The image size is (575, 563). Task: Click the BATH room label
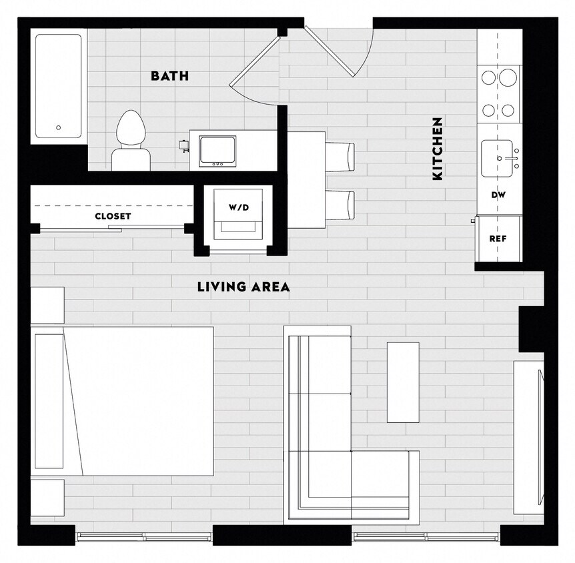pyautogui.click(x=169, y=76)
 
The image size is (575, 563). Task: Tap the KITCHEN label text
pyautogui.click(x=438, y=149)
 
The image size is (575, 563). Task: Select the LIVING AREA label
pyautogui.click(x=243, y=288)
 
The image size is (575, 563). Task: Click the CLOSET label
pyautogui.click(x=113, y=216)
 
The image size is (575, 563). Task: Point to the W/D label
pyautogui.click(x=238, y=207)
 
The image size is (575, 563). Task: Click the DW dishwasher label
pyautogui.click(x=498, y=195)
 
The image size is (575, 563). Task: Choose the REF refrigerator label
pyautogui.click(x=498, y=238)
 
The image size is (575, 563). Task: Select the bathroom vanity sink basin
pyautogui.click(x=217, y=150)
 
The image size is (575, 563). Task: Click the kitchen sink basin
pyautogui.click(x=498, y=159)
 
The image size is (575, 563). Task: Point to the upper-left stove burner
pyautogui.click(x=489, y=77)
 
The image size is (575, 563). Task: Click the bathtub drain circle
pyautogui.click(x=59, y=127)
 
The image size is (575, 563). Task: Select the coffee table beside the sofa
pyautogui.click(x=403, y=382)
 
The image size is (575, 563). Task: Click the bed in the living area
pyautogui.click(x=133, y=400)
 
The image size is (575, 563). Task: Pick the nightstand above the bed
pyautogui.click(x=47, y=305)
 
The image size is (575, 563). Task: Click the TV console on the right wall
pyautogui.click(x=529, y=437)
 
